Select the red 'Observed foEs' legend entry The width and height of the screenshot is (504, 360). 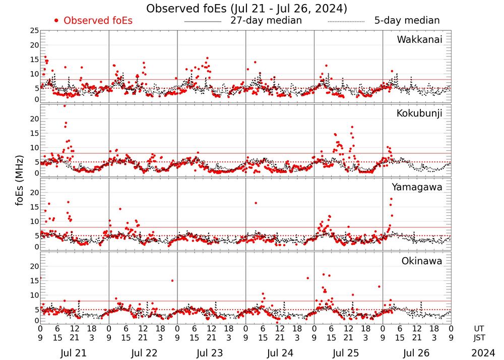click(x=98, y=21)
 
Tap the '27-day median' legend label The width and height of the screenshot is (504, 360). click(x=266, y=21)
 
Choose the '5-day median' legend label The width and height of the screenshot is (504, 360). click(x=407, y=21)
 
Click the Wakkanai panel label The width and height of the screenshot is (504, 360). click(x=419, y=40)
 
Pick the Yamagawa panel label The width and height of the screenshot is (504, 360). click(x=417, y=187)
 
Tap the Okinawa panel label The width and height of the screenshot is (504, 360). click(x=422, y=261)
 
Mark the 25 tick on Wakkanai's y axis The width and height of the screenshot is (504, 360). click(x=34, y=31)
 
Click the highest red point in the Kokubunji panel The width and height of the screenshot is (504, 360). click(x=65, y=106)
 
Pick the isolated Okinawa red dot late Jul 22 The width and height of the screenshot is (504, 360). click(x=172, y=280)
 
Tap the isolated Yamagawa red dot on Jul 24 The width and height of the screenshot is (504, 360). click(x=256, y=203)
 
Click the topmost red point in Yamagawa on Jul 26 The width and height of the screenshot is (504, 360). click(x=391, y=199)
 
